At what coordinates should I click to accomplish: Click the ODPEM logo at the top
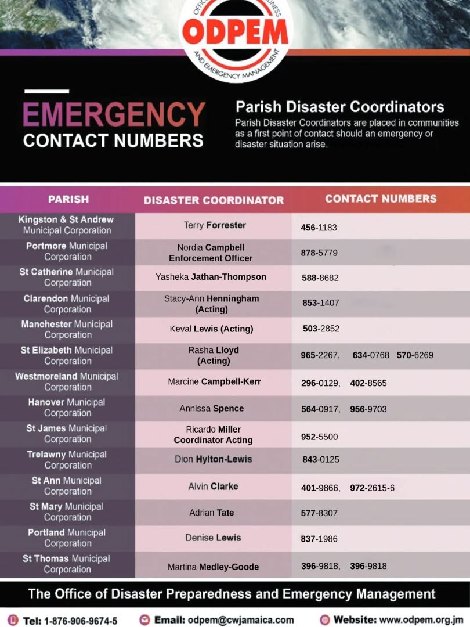coord(235,34)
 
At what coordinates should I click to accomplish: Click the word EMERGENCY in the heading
coord(114,114)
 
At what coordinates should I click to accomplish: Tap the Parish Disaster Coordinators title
coord(339,107)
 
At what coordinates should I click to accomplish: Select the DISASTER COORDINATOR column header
coord(214,200)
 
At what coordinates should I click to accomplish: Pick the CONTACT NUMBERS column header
coord(381,199)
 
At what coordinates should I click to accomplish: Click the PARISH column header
coord(68,199)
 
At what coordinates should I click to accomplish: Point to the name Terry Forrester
coord(215,225)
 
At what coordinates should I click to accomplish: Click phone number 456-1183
coord(319,228)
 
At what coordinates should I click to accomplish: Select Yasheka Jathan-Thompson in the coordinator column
coord(211,277)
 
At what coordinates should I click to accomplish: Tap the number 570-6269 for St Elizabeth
coord(415,355)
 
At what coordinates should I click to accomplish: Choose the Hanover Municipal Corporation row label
coord(67,408)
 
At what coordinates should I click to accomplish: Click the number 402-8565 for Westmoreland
coord(368,383)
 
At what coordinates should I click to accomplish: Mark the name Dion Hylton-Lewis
coord(213,459)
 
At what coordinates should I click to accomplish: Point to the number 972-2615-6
coord(372,488)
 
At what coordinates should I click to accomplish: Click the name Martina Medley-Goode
coord(213,567)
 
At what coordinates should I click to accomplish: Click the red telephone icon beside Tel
coord(13,620)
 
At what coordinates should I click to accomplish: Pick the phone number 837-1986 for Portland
coord(319,539)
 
